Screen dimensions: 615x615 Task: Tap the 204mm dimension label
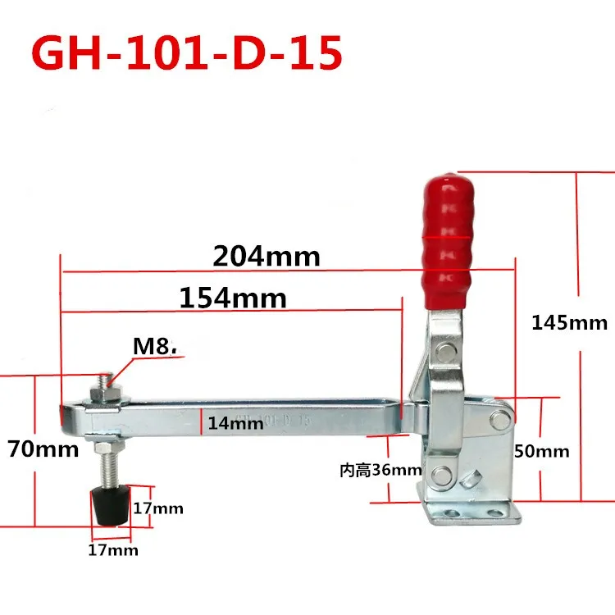(x=266, y=257)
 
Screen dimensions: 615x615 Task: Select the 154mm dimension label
(x=234, y=298)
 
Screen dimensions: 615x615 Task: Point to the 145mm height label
(x=569, y=322)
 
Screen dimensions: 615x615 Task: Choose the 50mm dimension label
(x=541, y=452)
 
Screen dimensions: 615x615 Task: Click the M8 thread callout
(x=156, y=347)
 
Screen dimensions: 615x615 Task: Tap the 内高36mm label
(x=380, y=471)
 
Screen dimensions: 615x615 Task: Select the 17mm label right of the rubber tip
(x=158, y=508)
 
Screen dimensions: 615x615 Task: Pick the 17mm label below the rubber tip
(x=113, y=550)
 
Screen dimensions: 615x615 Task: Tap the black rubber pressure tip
(x=106, y=508)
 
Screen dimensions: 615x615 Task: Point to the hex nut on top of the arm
(x=107, y=394)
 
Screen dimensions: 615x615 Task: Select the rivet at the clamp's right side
(x=498, y=420)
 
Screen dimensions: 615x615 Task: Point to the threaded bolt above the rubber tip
(x=106, y=467)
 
